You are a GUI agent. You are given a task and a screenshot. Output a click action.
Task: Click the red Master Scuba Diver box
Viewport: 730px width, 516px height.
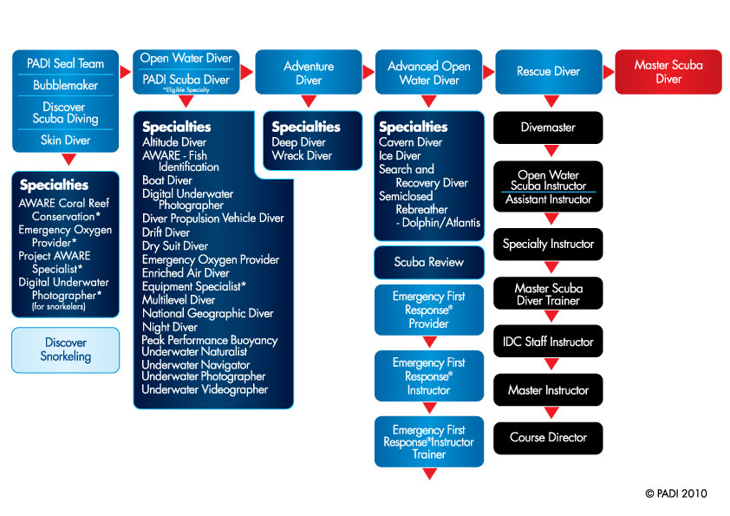pyautogui.click(x=668, y=72)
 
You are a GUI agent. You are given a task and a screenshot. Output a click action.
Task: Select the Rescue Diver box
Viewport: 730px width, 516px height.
pyautogui.click(x=548, y=72)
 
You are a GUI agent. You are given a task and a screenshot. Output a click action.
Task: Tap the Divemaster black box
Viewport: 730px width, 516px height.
pyautogui.click(x=548, y=127)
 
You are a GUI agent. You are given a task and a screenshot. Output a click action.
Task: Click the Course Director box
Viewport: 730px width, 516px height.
pyautogui.click(x=548, y=438)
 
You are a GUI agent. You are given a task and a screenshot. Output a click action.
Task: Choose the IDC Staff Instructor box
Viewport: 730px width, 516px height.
pyautogui.click(x=548, y=342)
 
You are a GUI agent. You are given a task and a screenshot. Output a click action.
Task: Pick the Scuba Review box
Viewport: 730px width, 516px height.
pyautogui.click(x=429, y=262)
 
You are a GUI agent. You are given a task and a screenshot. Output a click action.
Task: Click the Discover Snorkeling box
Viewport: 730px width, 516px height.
pyautogui.click(x=66, y=349)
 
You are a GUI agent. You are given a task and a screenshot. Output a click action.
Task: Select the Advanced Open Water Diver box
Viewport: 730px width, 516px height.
pyautogui.click(x=429, y=73)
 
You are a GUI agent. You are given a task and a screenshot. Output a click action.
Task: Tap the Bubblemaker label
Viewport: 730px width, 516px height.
pyautogui.click(x=66, y=86)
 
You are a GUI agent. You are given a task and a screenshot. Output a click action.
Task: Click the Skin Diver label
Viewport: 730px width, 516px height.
pyautogui.click(x=66, y=140)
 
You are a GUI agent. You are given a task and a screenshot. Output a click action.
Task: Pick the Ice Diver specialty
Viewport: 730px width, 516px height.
pyautogui.click(x=399, y=156)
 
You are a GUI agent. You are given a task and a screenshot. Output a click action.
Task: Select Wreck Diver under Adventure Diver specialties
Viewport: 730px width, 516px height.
pyautogui.click(x=302, y=156)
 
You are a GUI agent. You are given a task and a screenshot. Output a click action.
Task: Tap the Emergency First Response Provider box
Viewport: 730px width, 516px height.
pyautogui.click(x=429, y=310)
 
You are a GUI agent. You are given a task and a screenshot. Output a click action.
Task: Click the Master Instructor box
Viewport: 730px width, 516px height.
pyautogui.click(x=548, y=390)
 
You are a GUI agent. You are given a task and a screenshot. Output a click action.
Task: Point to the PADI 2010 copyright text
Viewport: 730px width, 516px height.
pyautogui.click(x=676, y=493)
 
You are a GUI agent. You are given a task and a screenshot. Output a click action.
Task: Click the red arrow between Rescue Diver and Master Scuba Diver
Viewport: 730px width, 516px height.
pyautogui.click(x=608, y=72)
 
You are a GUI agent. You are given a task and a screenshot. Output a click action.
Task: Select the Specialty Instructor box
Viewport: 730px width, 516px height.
pyautogui.click(x=548, y=245)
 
